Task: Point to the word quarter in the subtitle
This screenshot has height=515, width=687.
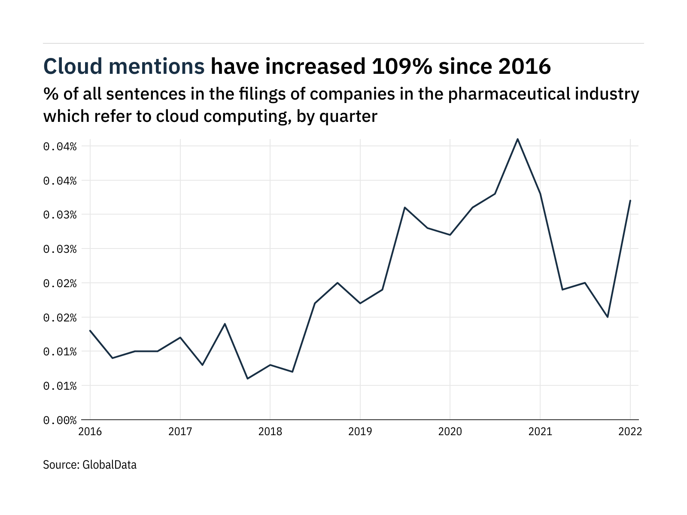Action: tap(348, 116)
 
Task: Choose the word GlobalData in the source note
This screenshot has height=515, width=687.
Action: tap(109, 465)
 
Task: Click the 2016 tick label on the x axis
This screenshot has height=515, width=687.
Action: tap(90, 432)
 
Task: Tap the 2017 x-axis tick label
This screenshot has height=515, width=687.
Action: tap(180, 432)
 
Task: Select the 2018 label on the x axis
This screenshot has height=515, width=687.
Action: tap(270, 432)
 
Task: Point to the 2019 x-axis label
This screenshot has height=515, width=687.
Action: tap(360, 432)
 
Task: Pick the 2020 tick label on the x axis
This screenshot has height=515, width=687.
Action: tap(450, 432)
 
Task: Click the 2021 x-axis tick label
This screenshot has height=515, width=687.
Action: tap(540, 432)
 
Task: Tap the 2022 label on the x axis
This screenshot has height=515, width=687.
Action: tap(630, 432)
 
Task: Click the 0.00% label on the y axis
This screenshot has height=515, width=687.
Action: tap(60, 420)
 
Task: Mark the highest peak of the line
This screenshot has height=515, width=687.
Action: tap(517, 139)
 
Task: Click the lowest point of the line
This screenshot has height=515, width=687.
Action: tap(248, 379)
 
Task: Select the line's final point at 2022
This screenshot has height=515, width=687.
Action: tap(630, 200)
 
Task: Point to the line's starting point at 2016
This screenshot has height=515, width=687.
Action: tap(90, 330)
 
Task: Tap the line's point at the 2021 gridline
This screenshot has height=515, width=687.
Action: tap(540, 194)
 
